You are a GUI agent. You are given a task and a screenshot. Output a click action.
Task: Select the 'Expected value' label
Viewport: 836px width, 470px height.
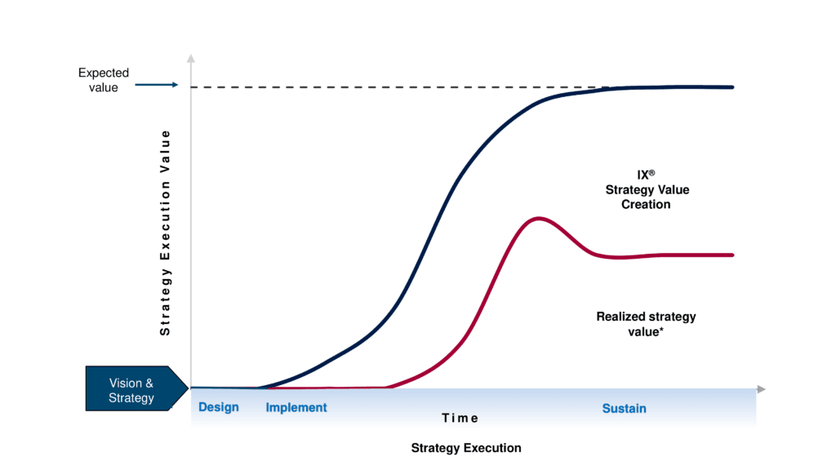tap(103, 80)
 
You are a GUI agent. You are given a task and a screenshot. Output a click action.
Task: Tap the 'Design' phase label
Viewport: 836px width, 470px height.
tap(219, 407)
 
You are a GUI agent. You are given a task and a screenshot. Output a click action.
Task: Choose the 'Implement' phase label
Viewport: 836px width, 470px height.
tap(296, 407)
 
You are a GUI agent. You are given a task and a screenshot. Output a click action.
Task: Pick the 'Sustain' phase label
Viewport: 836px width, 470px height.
tap(624, 408)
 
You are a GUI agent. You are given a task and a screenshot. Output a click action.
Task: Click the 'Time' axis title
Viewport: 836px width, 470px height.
tap(460, 418)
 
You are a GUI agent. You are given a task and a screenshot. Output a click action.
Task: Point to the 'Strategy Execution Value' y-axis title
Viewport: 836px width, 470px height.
tap(165, 233)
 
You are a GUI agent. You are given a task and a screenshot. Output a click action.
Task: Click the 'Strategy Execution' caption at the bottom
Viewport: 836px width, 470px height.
tap(466, 448)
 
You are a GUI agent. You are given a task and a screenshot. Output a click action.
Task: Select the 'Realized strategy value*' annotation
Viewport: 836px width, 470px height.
tap(646, 324)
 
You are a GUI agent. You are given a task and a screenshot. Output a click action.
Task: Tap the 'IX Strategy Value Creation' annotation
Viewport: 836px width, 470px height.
tap(647, 189)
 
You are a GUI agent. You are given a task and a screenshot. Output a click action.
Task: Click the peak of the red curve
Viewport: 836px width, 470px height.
tap(537, 218)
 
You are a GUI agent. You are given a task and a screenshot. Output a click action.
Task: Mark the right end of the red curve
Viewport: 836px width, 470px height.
tap(732, 255)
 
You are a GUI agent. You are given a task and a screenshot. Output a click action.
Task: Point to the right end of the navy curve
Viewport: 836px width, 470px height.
tap(732, 86)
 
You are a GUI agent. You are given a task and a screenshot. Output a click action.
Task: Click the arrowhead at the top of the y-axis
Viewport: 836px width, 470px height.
tap(190, 58)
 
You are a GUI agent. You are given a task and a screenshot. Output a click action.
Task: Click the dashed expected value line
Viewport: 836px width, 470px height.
tap(392, 87)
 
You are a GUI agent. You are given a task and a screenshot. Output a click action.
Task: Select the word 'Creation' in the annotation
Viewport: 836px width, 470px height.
tap(647, 204)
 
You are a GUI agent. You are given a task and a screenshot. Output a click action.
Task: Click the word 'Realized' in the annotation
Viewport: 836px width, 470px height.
tap(621, 317)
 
